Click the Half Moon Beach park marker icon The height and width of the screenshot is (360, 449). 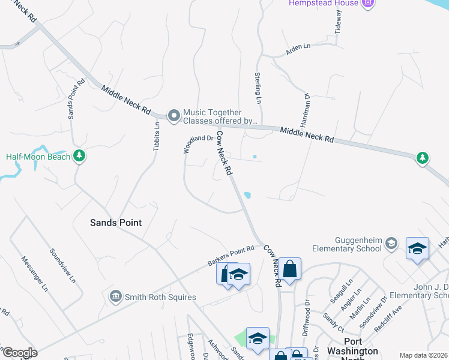[x=79, y=157]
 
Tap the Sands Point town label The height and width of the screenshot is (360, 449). [x=116, y=223]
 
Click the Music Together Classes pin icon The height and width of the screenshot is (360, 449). [x=174, y=115]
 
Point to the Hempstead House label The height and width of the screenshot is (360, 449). [x=322, y=3]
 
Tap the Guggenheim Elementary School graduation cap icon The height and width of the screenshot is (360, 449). [x=391, y=242]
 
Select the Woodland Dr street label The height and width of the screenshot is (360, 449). [x=198, y=145]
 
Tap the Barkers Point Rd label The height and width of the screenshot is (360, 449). [x=231, y=256]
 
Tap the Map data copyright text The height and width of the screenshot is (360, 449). [x=423, y=355]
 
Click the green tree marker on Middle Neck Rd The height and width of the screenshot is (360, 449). [x=423, y=158]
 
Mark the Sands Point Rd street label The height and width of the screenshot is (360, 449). [x=75, y=98]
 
